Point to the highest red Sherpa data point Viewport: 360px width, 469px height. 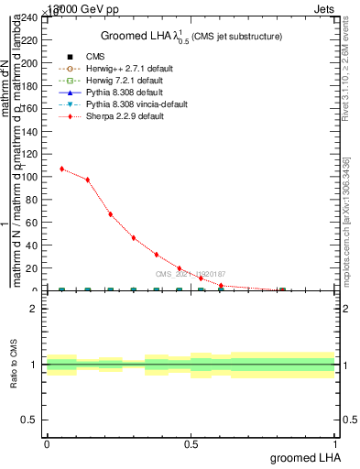(62, 169)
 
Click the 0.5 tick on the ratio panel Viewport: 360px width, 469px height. (31, 420)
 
